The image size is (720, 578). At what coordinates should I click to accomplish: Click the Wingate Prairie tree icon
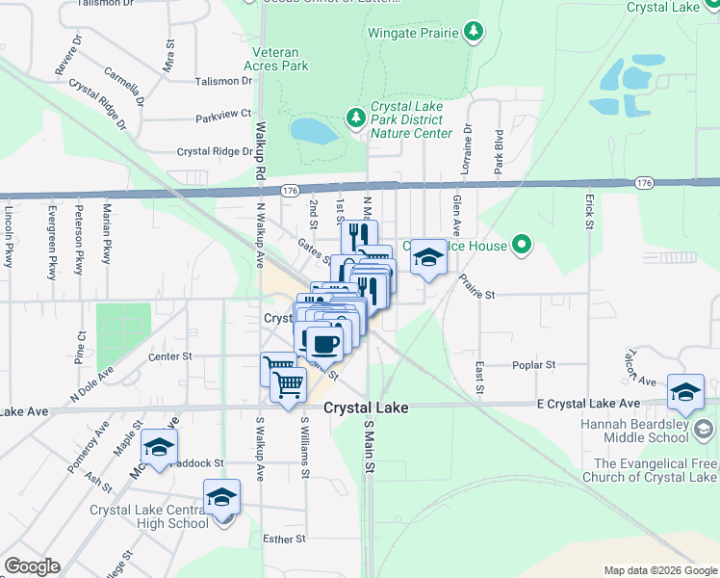click(x=473, y=33)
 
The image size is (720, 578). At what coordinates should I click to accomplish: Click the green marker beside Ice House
click(x=522, y=246)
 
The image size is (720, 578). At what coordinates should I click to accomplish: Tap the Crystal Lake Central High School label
click(x=148, y=516)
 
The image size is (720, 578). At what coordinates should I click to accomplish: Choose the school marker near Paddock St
click(x=160, y=447)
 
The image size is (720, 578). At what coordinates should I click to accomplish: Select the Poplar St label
click(x=537, y=365)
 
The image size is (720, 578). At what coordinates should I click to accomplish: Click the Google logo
click(x=32, y=566)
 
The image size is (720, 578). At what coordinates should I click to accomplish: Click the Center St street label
click(x=170, y=355)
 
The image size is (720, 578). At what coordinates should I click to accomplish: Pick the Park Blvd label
click(x=500, y=152)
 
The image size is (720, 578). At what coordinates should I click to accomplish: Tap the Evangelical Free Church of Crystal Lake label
click(x=656, y=470)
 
